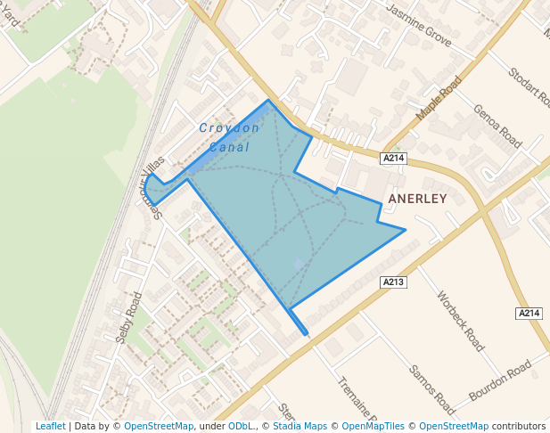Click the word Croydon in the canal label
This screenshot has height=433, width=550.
click(229, 128)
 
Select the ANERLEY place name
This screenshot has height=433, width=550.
click(418, 199)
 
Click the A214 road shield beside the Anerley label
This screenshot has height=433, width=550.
click(393, 159)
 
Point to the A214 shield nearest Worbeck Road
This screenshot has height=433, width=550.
click(529, 314)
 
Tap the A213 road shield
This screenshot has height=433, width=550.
click(394, 282)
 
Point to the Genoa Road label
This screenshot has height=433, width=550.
click(497, 126)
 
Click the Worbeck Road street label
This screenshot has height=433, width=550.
click(461, 319)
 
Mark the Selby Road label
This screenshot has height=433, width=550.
click(129, 317)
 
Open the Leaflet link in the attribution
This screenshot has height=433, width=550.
click(50, 427)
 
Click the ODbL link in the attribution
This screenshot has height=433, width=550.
click(240, 427)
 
